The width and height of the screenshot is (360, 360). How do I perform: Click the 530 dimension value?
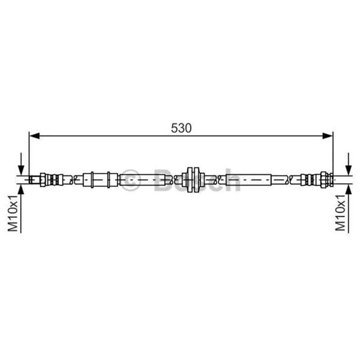181,128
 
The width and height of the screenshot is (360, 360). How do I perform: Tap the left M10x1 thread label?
13,213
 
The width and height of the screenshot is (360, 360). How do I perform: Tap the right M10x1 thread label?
341,212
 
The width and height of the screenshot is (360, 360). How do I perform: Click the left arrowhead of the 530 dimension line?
35,136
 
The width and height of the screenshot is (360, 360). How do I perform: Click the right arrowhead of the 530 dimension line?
328,136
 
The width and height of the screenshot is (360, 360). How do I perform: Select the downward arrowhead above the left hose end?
21,171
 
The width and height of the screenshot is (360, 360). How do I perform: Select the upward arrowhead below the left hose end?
21,190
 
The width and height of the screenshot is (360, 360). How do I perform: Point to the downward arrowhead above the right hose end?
349,171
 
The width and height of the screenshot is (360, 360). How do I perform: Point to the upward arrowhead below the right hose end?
349,190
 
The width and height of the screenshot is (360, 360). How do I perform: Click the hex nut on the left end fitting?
43,180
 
